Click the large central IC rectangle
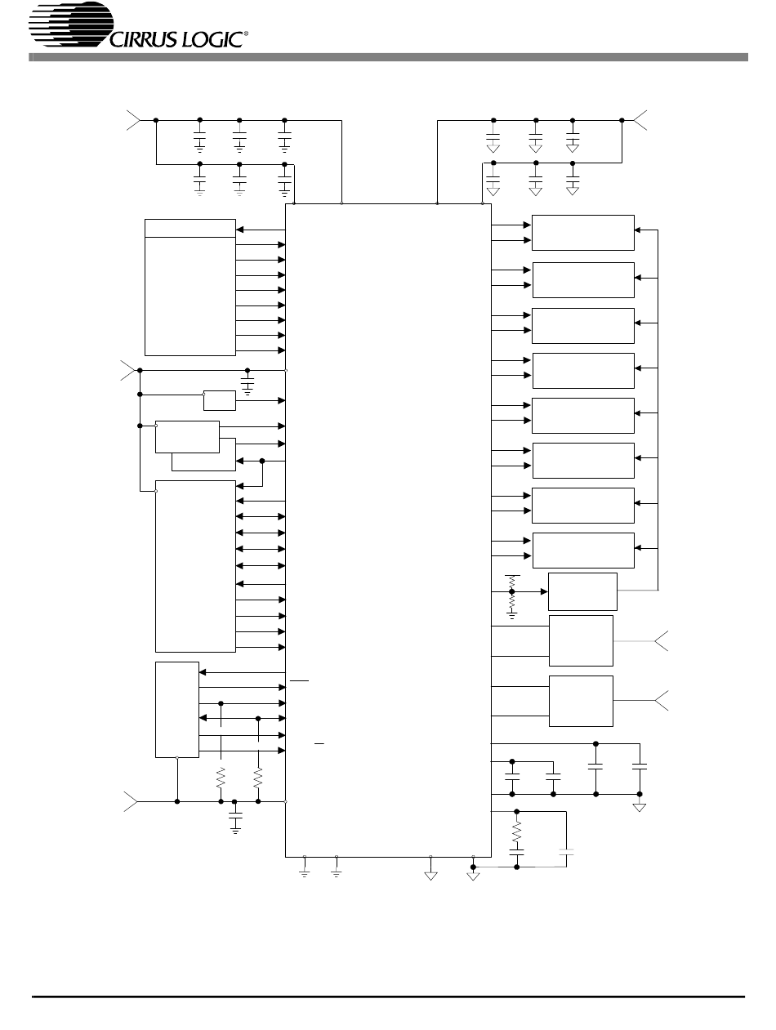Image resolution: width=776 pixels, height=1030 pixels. point(388,531)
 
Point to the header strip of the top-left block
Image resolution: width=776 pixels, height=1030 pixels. point(190,228)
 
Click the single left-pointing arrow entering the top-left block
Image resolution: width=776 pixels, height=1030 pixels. point(261,229)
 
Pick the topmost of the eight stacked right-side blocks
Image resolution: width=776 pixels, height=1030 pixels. point(583,232)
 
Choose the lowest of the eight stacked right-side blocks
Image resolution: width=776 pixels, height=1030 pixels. point(583,550)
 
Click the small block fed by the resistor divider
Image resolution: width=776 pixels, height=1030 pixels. point(582,591)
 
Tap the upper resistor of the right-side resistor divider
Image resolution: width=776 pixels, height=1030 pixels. point(512,582)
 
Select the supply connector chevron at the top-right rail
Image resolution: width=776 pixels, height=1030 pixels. point(640,120)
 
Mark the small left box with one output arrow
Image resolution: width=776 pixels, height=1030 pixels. point(220,400)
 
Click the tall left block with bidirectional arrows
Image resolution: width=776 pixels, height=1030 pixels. point(195,565)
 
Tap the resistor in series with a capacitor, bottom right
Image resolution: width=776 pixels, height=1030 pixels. point(516,833)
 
